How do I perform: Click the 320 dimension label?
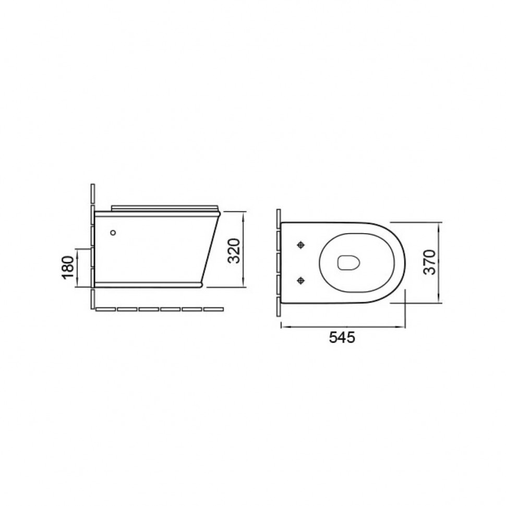[234, 251]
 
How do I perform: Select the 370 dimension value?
[430, 262]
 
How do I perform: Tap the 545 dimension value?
[342, 338]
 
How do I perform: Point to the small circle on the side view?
[113, 232]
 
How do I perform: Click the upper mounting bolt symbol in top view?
[301, 245]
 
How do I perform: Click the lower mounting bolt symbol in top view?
[301, 281]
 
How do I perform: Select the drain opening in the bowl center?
[348, 263]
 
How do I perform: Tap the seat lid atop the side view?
[165, 208]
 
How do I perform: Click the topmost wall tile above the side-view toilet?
[93, 194]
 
